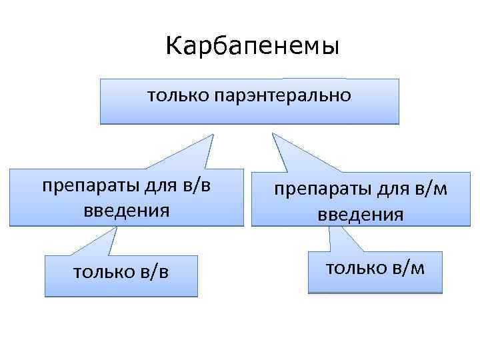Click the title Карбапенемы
tap(252, 47)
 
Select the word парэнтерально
tap(283, 96)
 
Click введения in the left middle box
tap(127, 211)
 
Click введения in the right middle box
tap(360, 215)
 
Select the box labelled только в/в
tap(121, 275)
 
